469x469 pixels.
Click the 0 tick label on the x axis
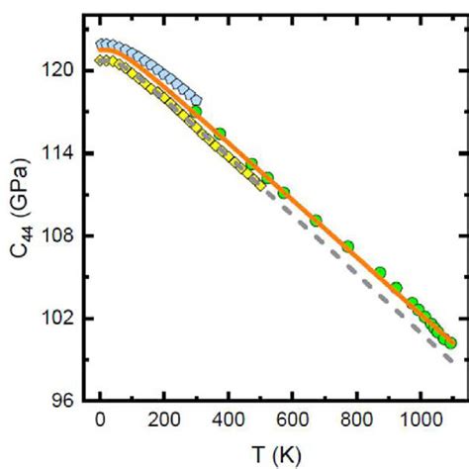click(x=101, y=420)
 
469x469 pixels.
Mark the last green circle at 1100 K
click(x=451, y=342)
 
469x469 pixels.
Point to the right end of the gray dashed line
click(x=452, y=360)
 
